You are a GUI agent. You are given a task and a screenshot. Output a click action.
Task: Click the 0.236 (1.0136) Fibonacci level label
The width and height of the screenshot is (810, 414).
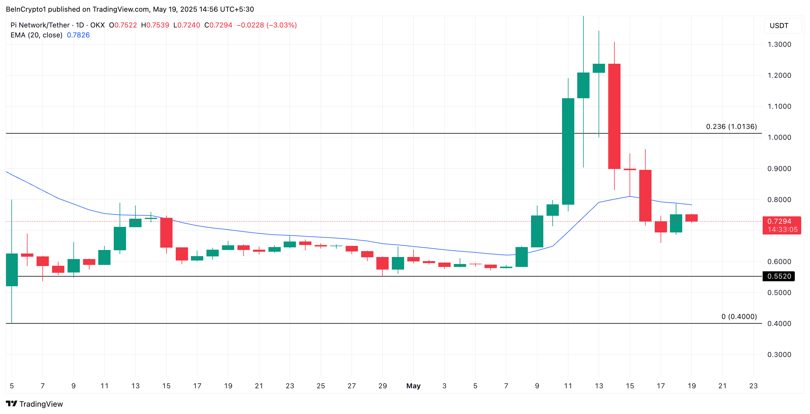point(731,126)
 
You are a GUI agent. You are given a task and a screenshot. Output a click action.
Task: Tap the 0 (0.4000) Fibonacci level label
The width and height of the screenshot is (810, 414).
point(739,317)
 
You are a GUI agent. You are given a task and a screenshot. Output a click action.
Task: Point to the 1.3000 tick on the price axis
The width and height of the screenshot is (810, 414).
point(779,44)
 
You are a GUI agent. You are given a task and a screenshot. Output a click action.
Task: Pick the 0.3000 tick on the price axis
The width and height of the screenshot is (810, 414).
point(779,355)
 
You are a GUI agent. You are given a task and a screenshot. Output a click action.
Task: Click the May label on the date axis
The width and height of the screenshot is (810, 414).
point(413,386)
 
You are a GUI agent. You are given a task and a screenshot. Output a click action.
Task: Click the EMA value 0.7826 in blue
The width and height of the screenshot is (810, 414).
point(78,35)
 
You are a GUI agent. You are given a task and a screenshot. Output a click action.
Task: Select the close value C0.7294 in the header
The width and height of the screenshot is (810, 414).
point(218,25)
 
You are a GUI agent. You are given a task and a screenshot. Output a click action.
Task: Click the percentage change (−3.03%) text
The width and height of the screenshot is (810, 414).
point(281,25)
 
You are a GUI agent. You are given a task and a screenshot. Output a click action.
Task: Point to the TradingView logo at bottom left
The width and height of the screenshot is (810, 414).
point(34,404)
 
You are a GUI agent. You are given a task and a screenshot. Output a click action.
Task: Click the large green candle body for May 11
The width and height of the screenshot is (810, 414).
point(568,151)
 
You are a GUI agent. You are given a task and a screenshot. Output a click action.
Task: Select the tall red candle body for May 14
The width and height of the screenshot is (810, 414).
point(614,116)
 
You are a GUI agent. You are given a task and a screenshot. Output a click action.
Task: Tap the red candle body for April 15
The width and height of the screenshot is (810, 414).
point(166,233)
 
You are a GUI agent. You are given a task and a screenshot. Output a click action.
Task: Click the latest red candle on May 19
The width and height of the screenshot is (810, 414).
point(692,218)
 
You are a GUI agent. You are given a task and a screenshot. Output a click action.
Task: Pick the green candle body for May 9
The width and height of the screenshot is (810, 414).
point(537,231)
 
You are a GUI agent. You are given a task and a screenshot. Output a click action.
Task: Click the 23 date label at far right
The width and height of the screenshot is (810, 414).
point(753,386)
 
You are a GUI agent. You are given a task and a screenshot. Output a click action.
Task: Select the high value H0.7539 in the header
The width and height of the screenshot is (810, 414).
point(155,25)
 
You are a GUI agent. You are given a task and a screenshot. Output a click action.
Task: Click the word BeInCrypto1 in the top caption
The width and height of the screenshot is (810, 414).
point(26,9)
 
